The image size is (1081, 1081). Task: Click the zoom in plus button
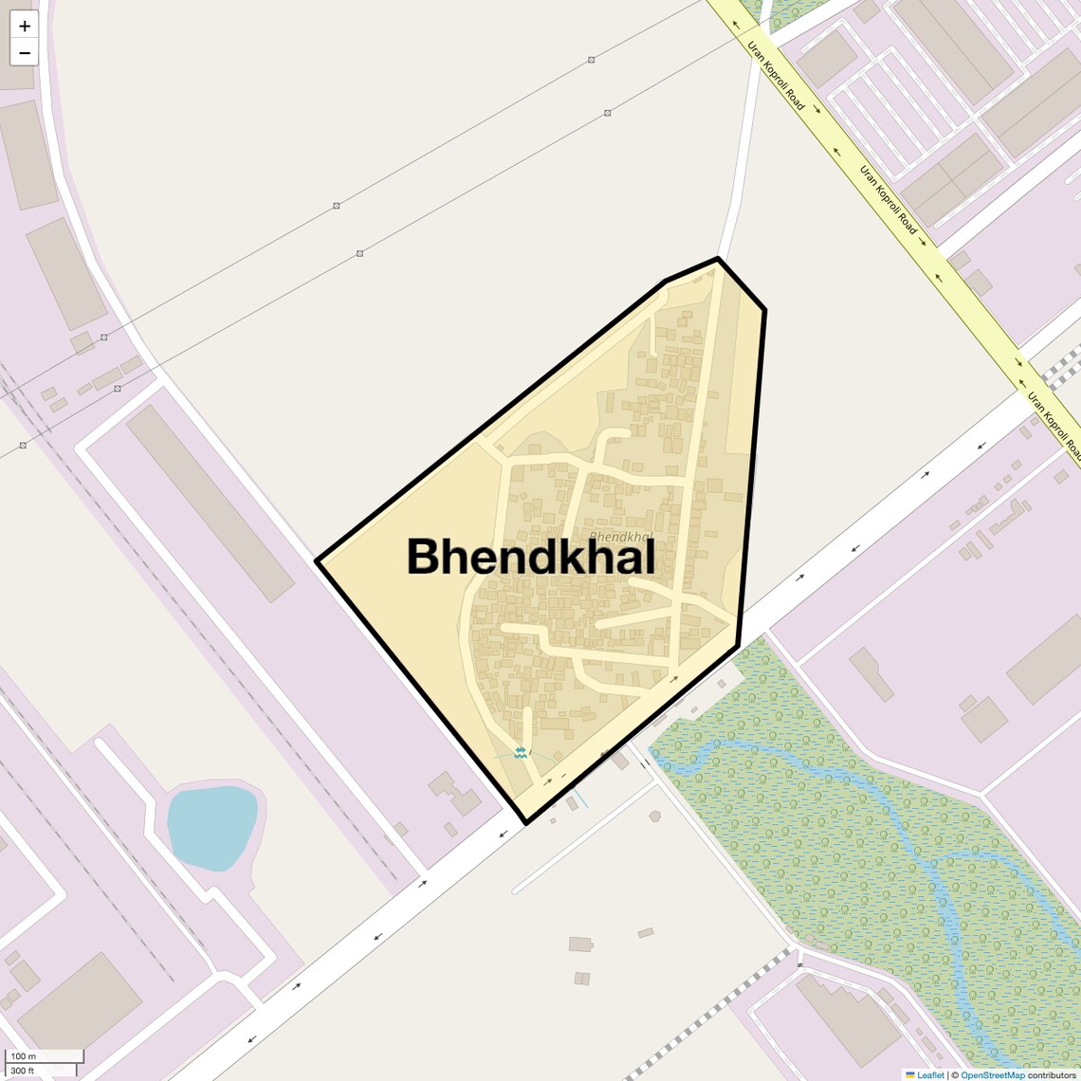[x=25, y=27]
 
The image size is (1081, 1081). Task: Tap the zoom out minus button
[x=25, y=53]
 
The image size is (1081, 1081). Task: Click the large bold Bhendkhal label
[x=530, y=557]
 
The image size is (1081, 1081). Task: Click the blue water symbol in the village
[x=520, y=753]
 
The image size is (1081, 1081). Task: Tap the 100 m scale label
[x=23, y=1055]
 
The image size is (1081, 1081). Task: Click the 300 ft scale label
[x=23, y=1071]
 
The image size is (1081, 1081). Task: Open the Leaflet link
[x=930, y=1074]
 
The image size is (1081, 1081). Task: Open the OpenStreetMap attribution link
[x=992, y=1074]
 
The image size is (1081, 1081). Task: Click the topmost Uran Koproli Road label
[x=776, y=76]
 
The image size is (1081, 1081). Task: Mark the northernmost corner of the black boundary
[x=718, y=258]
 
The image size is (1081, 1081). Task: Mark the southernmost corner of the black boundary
[x=524, y=821]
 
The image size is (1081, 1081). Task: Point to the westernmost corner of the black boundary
[x=318, y=560]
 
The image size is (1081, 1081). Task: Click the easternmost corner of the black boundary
[x=764, y=309]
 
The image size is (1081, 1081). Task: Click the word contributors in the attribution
[x=1052, y=1074]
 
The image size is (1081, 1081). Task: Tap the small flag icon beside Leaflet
[x=910, y=1074]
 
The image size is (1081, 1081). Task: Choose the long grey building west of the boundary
[x=210, y=504]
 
